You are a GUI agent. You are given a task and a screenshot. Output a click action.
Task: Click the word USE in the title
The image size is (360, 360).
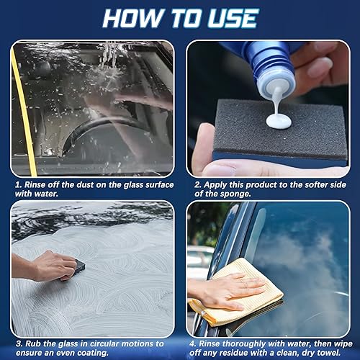point(233,19)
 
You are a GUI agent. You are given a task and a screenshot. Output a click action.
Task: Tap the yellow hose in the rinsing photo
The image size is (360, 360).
point(24,113)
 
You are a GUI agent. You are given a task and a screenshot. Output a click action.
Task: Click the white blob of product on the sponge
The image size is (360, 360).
point(279,120)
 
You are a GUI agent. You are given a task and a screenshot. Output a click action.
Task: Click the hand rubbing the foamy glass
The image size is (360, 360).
point(52,265)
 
